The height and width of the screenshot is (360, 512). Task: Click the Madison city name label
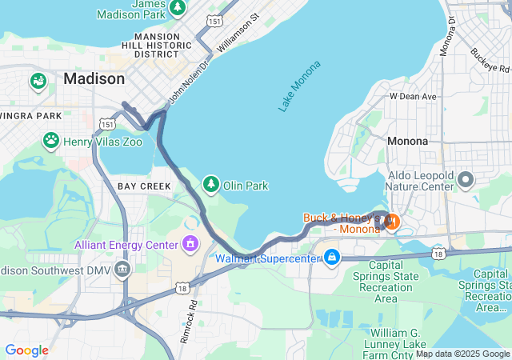tap(94, 78)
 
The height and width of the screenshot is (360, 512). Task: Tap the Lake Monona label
tap(300, 86)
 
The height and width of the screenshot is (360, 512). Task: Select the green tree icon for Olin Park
tap(211, 185)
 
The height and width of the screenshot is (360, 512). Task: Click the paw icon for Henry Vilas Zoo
tap(51, 141)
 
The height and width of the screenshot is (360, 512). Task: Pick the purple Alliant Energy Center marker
tap(190, 242)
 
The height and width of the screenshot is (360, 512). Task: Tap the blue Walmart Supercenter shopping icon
tap(331, 257)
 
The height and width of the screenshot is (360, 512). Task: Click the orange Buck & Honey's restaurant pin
tap(391, 221)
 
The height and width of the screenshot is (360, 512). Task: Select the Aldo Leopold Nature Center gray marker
tap(466, 183)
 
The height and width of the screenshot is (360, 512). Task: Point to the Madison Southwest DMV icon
tap(122, 269)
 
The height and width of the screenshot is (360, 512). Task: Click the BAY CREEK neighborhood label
tap(144, 186)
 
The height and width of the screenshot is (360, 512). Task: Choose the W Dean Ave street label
tap(413, 96)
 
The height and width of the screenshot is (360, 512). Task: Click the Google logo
tap(26, 350)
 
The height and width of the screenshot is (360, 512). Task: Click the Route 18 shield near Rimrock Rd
tap(183, 288)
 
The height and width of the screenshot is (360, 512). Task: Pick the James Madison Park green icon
tap(178, 8)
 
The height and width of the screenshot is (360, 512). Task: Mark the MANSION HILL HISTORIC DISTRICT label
tap(157, 45)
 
